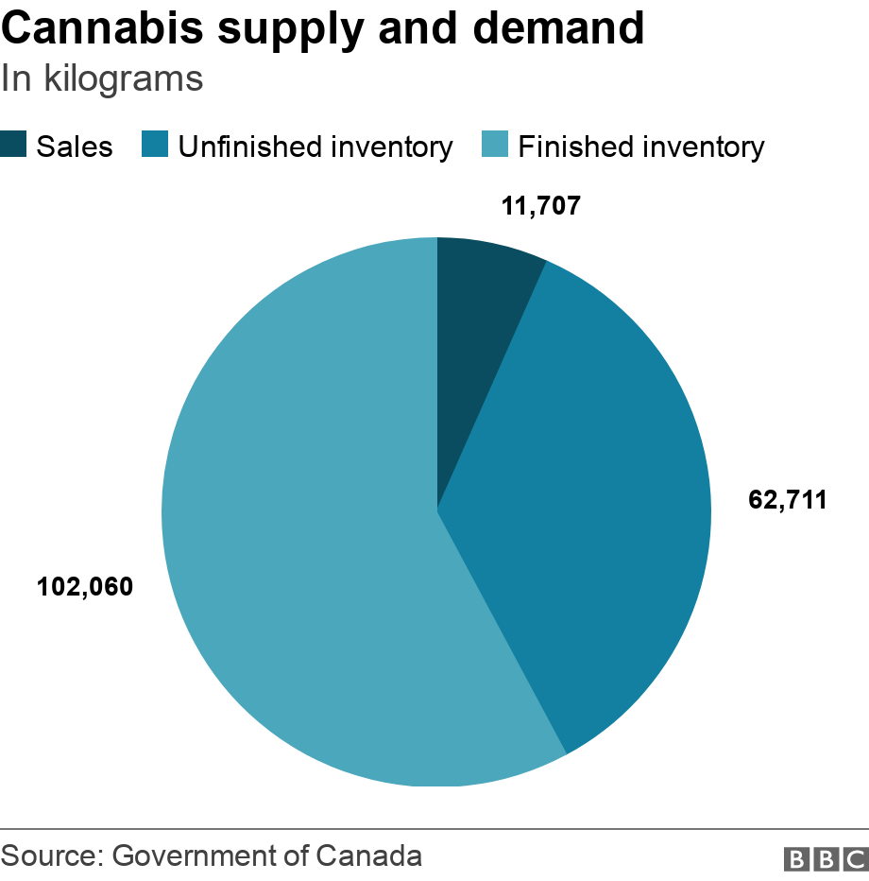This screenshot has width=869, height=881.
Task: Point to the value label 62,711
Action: click(x=788, y=499)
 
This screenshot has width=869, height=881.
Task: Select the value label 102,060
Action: click(x=85, y=587)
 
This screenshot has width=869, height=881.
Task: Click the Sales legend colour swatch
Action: click(x=14, y=146)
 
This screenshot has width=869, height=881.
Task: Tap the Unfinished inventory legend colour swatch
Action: click(x=155, y=146)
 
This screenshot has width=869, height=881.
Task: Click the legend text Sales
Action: click(x=75, y=147)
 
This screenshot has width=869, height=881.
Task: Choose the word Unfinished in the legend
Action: click(x=243, y=147)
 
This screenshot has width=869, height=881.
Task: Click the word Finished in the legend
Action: click(x=576, y=147)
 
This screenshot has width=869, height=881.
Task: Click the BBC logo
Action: click(x=826, y=858)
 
